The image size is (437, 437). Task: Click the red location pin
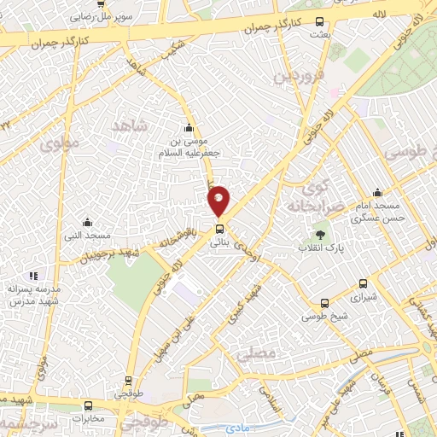pos(219,200)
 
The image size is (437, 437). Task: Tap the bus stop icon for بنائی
pos(219,229)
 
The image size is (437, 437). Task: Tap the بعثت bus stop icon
pos(319,21)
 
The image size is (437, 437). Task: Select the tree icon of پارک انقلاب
pos(319,231)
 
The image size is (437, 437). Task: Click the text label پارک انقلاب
pos(318,247)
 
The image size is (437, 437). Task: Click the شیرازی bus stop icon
pos(364,284)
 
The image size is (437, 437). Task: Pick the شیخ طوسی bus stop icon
pos(323,303)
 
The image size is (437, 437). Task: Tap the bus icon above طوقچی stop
pos(129,382)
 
